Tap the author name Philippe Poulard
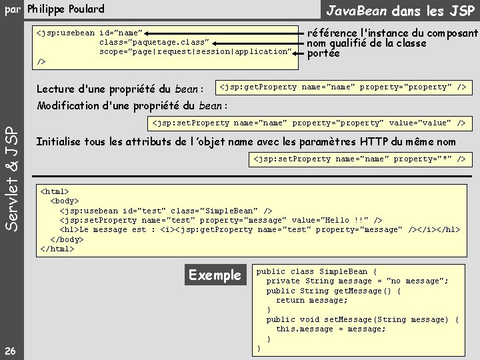tap(65, 9)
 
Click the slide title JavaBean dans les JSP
tap(399, 10)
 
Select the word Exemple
tap(215, 275)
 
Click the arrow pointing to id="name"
tap(224, 32)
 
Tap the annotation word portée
tap(323, 54)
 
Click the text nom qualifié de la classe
tap(366, 43)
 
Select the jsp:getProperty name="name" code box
tap(343, 87)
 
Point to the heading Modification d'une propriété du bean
tap(131, 105)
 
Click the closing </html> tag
tap(57, 249)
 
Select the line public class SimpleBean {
tap(317, 271)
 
